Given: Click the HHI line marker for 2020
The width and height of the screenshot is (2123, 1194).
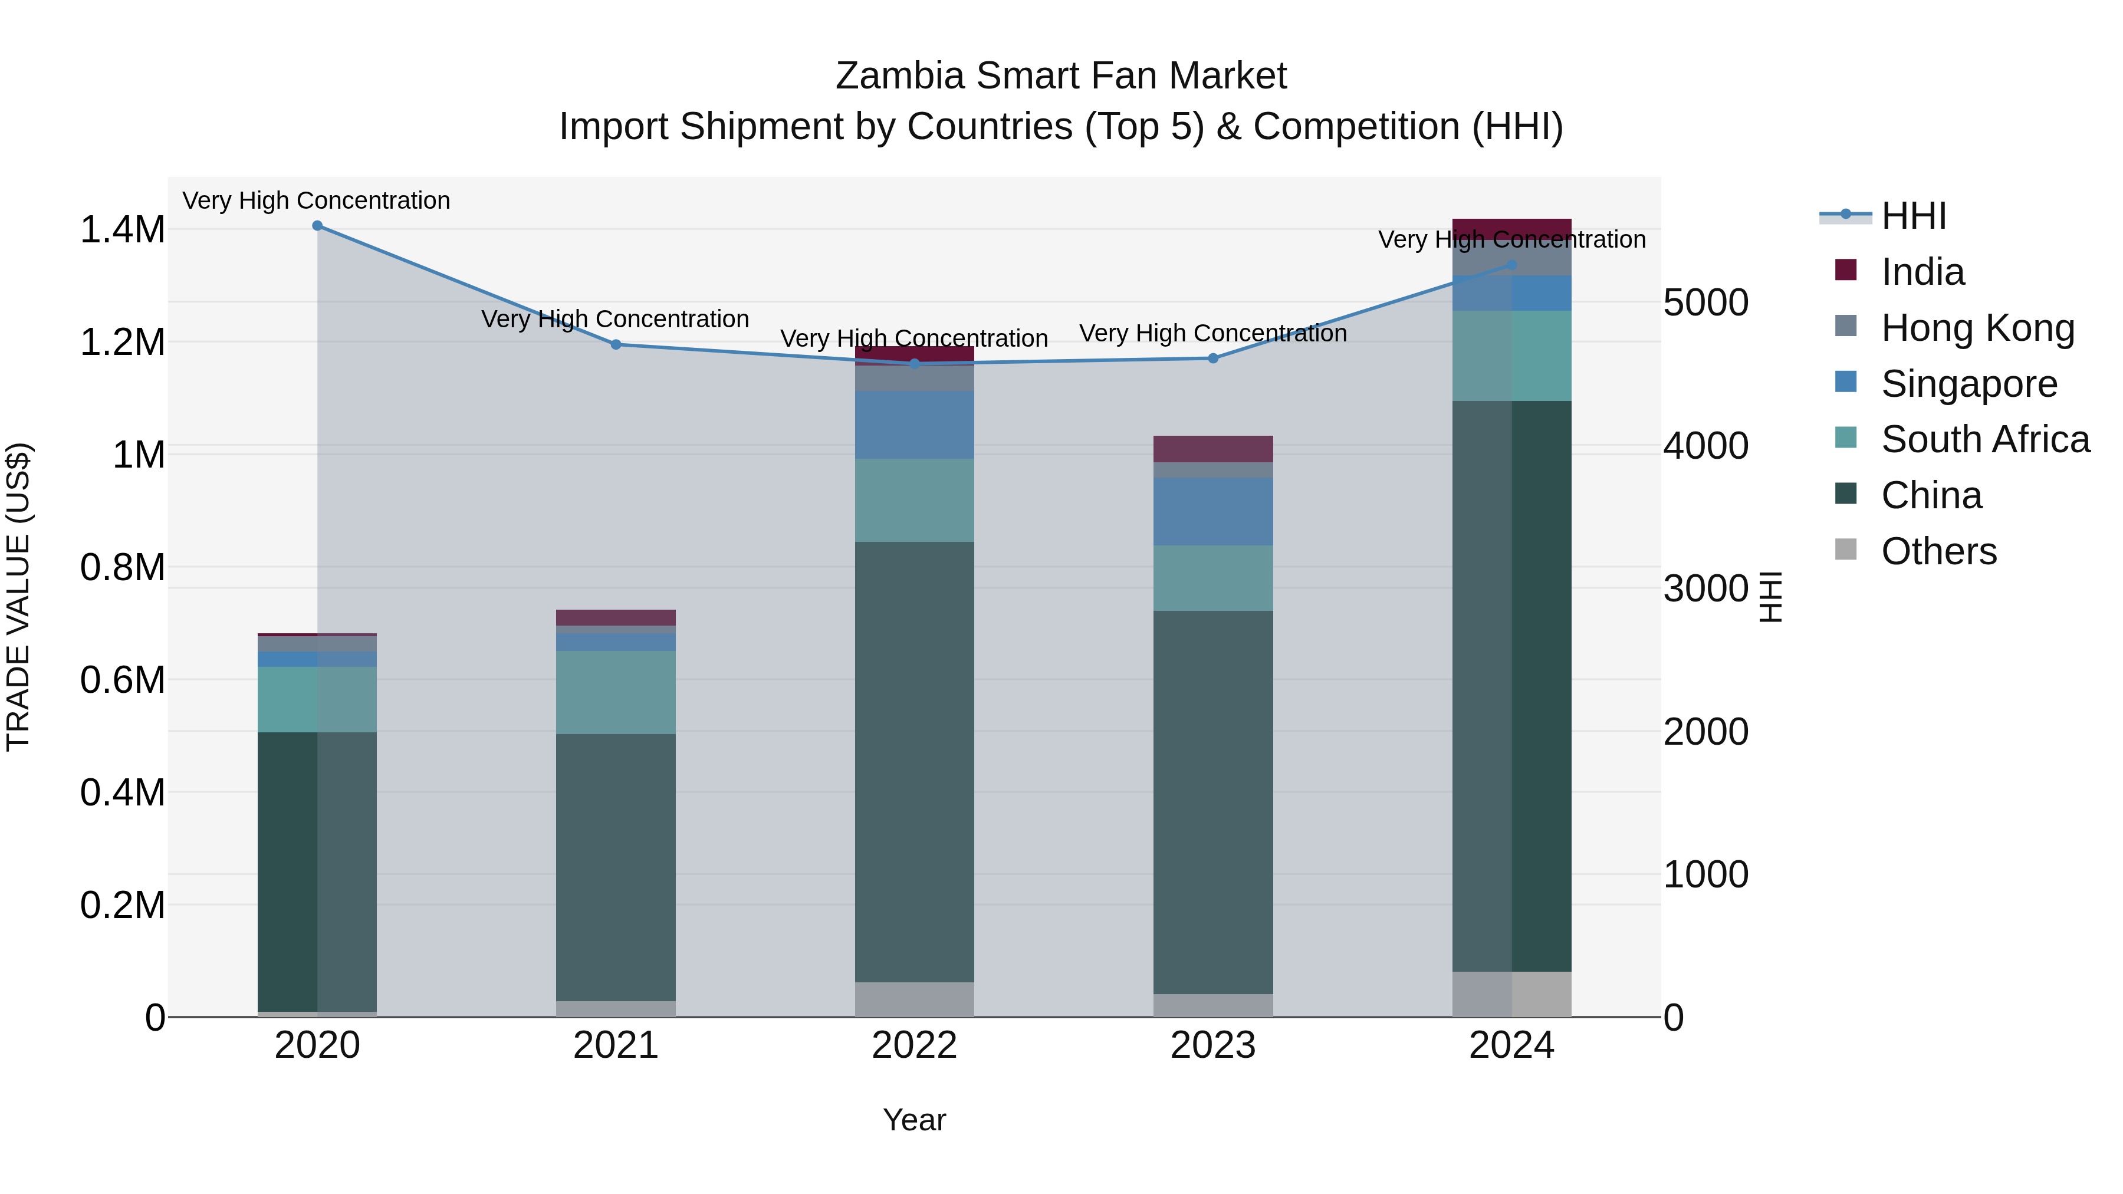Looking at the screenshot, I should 317,226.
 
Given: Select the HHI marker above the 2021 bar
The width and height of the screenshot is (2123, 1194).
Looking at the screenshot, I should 616,344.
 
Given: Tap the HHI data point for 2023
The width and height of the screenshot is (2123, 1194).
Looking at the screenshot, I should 1212,358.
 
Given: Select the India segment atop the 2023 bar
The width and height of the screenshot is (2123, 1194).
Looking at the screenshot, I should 1212,449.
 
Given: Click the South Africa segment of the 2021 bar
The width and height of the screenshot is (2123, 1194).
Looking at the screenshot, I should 616,692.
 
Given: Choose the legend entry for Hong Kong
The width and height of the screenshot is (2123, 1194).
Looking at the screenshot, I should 1977,328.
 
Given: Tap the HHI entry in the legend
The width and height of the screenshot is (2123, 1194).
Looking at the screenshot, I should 1913,216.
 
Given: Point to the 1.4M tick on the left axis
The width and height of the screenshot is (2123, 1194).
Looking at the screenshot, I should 123,230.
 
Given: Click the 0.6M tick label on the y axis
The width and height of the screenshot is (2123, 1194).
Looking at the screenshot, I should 123,680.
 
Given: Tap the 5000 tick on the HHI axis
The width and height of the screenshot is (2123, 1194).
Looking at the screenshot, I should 1705,302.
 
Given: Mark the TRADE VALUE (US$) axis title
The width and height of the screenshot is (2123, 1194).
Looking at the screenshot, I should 18,597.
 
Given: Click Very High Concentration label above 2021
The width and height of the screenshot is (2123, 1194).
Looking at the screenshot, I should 615,319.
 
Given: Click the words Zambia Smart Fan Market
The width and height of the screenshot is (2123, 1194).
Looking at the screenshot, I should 1061,76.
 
